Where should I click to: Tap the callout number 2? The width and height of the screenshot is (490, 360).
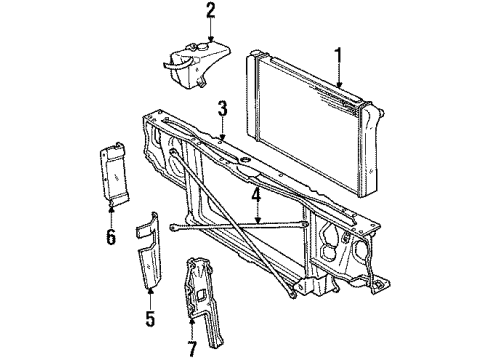(x=210, y=12)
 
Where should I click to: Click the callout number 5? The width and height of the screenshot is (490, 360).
(x=149, y=321)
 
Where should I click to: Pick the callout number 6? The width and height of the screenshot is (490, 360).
(x=112, y=237)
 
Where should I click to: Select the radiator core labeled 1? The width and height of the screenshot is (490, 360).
(x=310, y=120)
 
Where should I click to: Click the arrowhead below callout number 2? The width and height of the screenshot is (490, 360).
(x=210, y=39)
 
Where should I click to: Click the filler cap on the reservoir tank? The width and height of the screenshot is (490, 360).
(x=211, y=44)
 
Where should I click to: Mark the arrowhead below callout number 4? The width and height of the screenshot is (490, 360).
(x=257, y=221)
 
